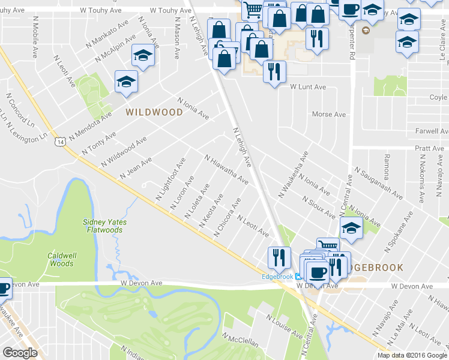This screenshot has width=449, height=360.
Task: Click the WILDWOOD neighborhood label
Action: (154, 112)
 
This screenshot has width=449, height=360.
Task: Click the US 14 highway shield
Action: (60, 142)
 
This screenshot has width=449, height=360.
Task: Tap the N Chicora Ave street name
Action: (228, 217)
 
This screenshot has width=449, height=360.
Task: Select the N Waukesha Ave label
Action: (294, 175)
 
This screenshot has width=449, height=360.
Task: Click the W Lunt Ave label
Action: (308, 87)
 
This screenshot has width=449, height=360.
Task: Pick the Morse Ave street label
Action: (330, 114)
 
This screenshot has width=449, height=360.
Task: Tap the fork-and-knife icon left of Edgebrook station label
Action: (279, 257)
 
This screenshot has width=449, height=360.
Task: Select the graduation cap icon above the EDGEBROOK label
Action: (351, 227)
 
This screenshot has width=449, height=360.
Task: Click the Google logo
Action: (20, 353)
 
